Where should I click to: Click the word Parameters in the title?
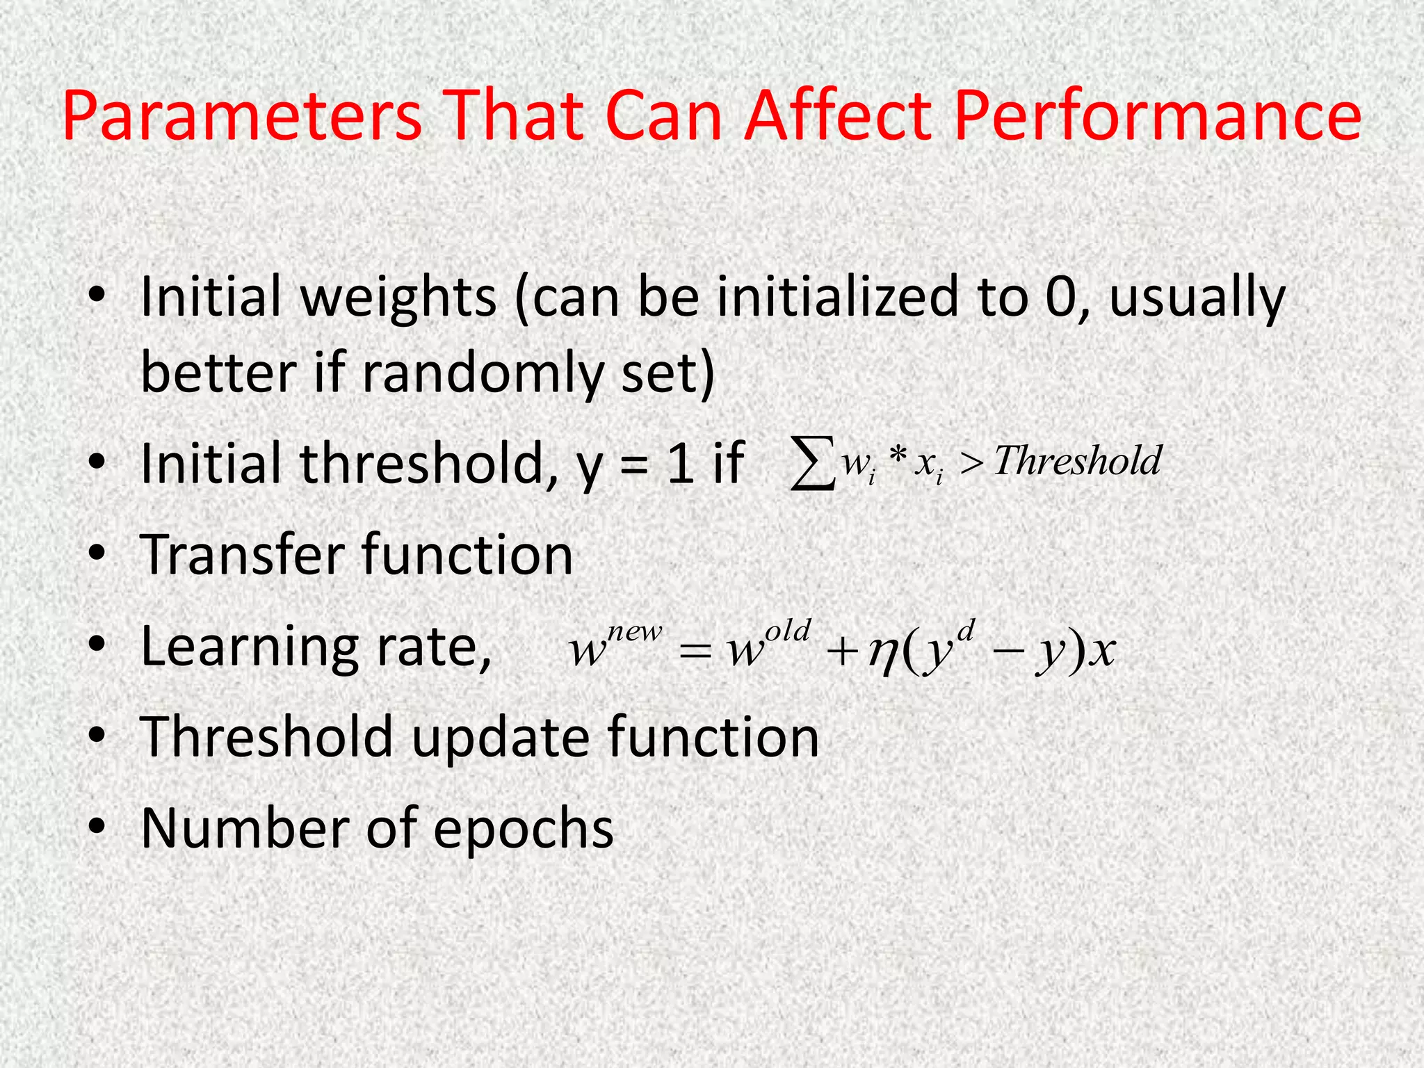click(242, 116)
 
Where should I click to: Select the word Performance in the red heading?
click(1158, 116)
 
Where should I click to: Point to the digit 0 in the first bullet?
click(1062, 297)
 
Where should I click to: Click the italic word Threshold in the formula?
click(1078, 461)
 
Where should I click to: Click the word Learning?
click(249, 647)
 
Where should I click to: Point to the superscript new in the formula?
click(634, 632)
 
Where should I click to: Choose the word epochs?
click(524, 829)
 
